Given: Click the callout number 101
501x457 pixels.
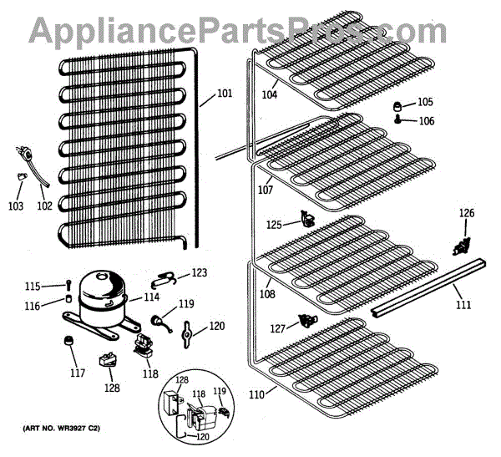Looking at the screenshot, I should (225, 93).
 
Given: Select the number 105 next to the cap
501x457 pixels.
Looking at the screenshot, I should (426, 102).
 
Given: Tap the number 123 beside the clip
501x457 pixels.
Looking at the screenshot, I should (199, 272).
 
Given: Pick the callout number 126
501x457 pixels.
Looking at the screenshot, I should (466, 213).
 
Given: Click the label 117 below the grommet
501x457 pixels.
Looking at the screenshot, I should (77, 373).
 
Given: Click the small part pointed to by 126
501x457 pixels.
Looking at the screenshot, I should (458, 246).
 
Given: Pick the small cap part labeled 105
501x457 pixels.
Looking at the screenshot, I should (399, 105).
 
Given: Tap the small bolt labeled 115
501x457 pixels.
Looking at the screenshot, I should (68, 285).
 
